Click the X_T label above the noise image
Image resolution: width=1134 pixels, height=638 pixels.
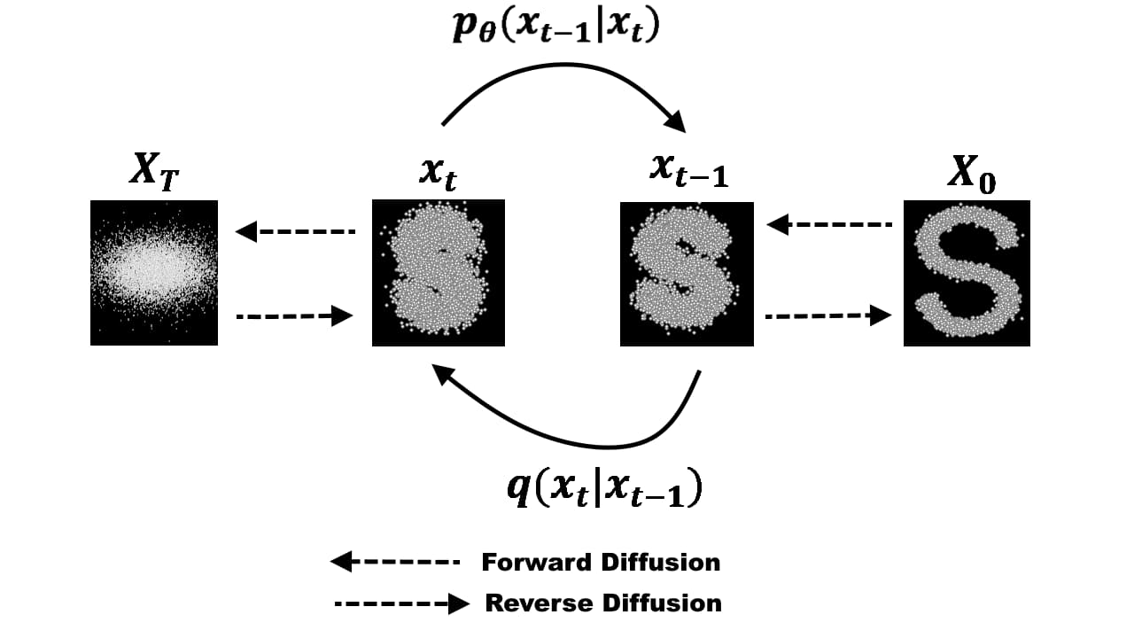point(153,171)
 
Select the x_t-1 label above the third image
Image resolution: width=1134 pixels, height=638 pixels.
point(688,171)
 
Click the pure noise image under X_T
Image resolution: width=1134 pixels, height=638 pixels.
point(154,272)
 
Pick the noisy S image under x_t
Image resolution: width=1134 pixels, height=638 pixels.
point(439,272)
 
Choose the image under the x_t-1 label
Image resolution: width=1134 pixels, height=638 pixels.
point(687,274)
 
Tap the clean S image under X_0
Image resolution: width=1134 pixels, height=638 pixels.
point(967,273)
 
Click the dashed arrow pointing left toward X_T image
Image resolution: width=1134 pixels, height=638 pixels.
point(296,232)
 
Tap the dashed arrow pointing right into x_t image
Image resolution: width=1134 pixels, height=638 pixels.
point(296,315)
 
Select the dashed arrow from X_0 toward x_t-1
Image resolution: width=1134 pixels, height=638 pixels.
point(828,225)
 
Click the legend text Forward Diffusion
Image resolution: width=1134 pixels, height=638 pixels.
point(601,562)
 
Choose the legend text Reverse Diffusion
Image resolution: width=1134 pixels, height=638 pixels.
point(603,603)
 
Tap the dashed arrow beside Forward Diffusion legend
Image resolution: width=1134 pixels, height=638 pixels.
point(395,561)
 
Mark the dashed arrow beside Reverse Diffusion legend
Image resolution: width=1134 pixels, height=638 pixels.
point(401,604)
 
